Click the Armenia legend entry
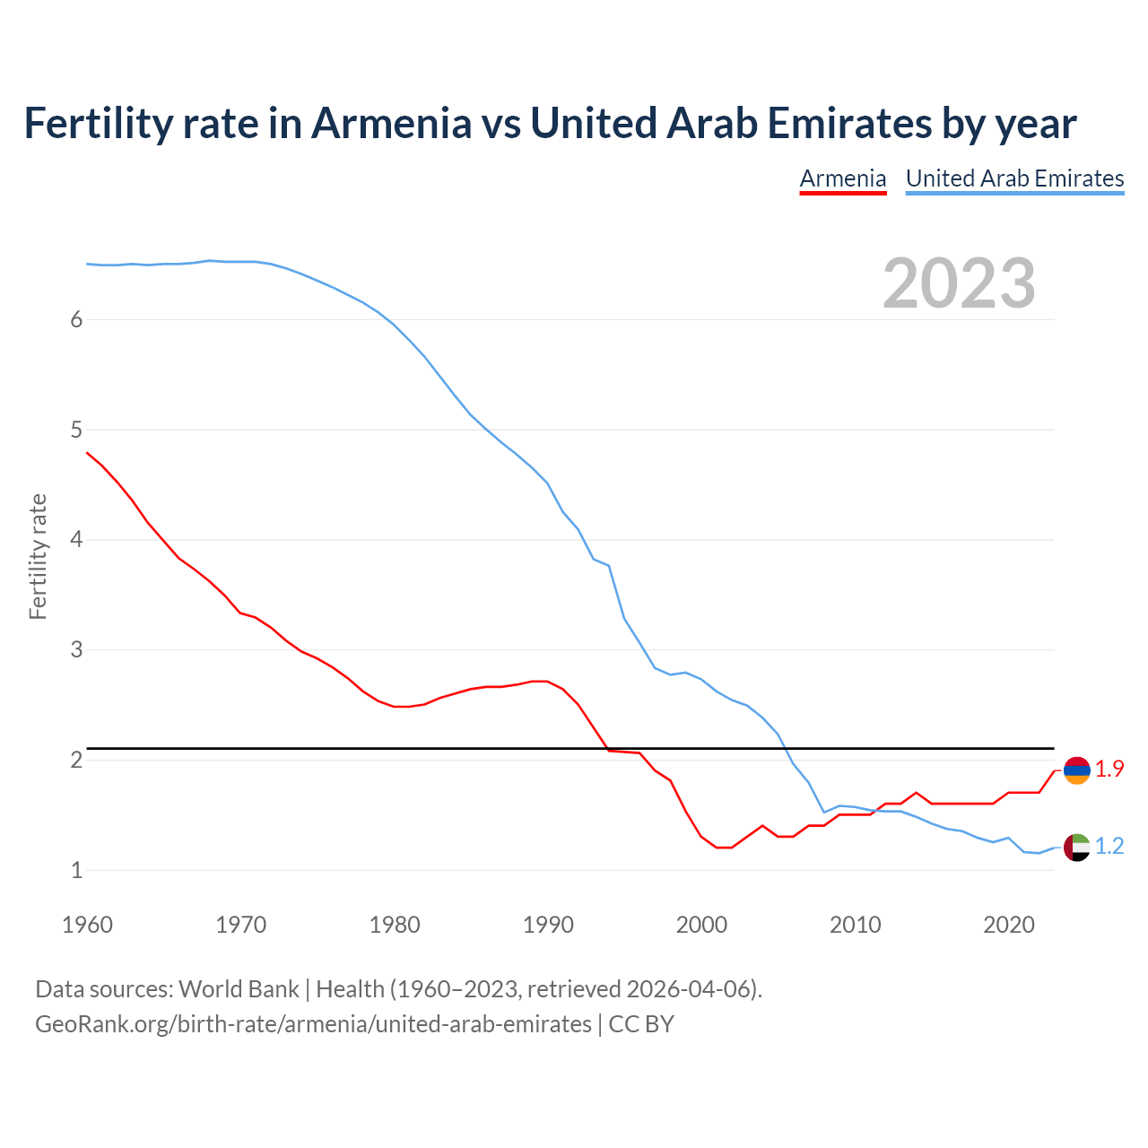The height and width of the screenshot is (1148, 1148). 842,178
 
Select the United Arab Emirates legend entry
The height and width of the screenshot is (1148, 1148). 1014,178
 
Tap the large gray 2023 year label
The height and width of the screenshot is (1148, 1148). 959,283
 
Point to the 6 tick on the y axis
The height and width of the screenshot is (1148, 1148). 76,320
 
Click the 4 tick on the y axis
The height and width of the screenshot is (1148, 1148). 76,540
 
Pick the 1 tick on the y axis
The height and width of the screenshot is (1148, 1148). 76,870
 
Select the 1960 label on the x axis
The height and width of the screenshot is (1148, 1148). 87,925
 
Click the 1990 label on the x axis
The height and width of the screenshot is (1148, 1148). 548,925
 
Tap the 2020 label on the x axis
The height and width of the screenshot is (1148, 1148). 1009,925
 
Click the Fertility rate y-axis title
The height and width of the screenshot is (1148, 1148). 38,556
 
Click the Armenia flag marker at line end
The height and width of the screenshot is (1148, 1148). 1076,770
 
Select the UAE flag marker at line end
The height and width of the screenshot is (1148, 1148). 1076,847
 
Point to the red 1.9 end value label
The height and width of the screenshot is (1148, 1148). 1109,769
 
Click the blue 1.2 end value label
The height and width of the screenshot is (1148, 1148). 1109,846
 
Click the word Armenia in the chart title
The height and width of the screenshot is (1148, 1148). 390,124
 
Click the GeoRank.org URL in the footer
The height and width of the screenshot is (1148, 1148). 313,1024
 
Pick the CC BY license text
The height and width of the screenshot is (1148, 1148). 641,1024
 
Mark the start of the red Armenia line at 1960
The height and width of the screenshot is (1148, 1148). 87,453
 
